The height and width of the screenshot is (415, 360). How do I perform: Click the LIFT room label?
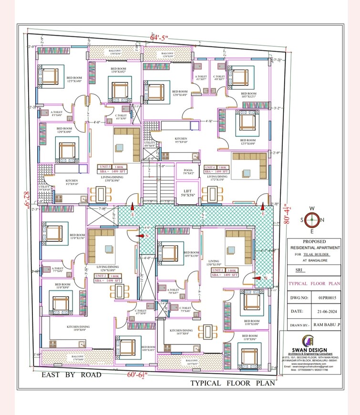coord(187,192)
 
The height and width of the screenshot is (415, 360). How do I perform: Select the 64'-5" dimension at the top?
coord(160,37)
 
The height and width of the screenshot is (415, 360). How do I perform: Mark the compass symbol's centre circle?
coord(313,220)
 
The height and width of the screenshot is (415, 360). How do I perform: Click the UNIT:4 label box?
coord(216,167)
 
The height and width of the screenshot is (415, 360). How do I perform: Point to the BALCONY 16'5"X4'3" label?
coord(192,362)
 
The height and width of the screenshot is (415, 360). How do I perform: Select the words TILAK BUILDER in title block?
coord(318,255)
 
